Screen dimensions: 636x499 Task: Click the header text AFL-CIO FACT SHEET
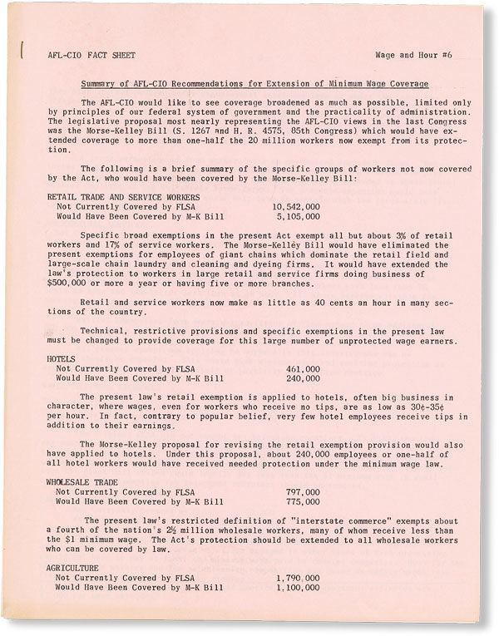point(79,57)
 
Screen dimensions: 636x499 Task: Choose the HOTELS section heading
point(62,357)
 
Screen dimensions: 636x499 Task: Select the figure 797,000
point(303,492)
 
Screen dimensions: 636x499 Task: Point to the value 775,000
point(303,501)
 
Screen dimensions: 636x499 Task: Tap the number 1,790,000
point(296,578)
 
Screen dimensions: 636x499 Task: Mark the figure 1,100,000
point(296,587)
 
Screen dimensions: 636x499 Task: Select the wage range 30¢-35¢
point(426,408)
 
